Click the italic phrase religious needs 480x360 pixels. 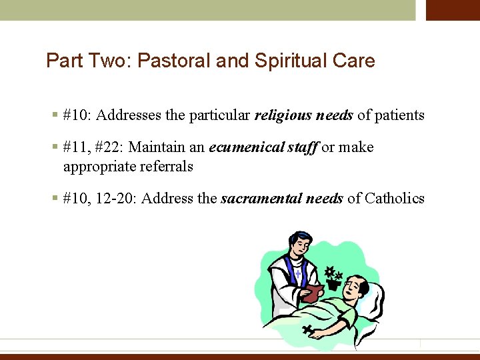[x=304, y=115]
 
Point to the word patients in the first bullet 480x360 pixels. [x=399, y=115]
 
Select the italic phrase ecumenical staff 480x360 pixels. [x=263, y=147]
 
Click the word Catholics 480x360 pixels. [x=395, y=199]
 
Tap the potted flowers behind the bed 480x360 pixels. [x=332, y=277]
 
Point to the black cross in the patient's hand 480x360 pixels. [x=309, y=329]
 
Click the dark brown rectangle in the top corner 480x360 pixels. [x=453, y=10]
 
